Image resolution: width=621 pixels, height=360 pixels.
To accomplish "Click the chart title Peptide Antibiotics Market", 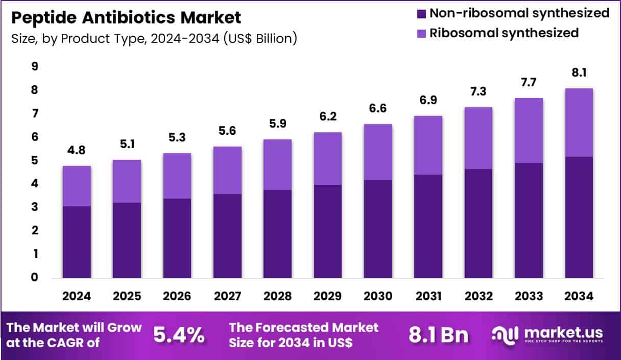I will coord(126,18).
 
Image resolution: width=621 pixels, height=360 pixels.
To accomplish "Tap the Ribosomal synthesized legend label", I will coord(504,33).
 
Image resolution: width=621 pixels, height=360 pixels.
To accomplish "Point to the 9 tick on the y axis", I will coord(35,66).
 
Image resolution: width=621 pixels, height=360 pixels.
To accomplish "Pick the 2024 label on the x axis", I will coord(77,297).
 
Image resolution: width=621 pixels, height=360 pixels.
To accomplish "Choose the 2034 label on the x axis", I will coord(579,297).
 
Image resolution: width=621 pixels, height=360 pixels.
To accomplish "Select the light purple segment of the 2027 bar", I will coord(227,170).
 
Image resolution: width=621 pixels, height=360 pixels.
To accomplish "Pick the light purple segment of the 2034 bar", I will coord(579,123).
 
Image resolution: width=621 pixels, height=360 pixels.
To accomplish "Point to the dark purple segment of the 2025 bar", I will coord(127,240).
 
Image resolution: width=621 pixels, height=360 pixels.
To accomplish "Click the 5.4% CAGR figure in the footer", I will coord(179,335).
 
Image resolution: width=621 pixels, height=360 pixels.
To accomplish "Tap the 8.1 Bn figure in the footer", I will coord(439,335).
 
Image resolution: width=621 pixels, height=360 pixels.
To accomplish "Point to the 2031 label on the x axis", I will coord(428,297).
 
